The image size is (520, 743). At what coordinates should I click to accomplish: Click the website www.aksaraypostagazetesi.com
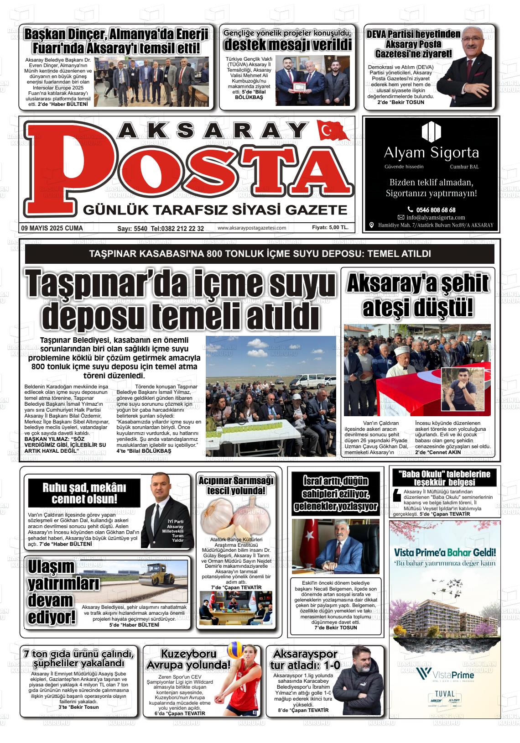click(x=252, y=228)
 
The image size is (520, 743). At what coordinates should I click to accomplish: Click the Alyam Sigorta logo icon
click(x=431, y=131)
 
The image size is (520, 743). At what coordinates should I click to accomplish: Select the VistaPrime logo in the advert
click(x=445, y=674)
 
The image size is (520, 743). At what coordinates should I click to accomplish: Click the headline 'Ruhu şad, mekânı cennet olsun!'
click(x=84, y=492)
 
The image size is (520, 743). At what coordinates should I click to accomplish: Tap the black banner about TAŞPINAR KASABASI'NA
click(x=260, y=254)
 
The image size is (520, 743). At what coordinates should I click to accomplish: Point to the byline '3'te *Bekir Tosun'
click(x=78, y=707)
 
